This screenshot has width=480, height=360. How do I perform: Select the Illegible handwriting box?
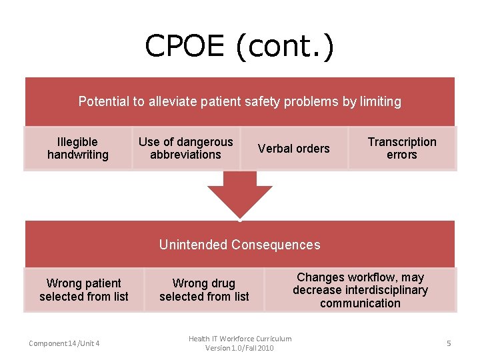pos(78,148)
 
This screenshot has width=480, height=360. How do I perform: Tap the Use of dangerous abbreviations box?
pos(185,148)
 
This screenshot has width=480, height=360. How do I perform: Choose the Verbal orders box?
pos(293,148)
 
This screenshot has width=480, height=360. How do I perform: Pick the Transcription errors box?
pos(402,148)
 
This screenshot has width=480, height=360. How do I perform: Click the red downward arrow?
pos(239,194)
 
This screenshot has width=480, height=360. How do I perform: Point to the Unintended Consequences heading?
pos(239,245)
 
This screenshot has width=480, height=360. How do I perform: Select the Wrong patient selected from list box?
pos(84,290)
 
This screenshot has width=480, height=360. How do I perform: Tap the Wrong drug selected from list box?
pos(204,290)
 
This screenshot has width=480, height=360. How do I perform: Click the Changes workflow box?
pos(360,290)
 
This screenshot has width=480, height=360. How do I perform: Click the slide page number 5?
pos(449,343)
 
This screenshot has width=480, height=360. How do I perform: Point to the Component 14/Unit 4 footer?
pos(64,343)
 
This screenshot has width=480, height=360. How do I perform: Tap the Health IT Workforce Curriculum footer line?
pos(239,339)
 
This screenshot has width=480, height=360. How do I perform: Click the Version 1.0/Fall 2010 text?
pos(239,348)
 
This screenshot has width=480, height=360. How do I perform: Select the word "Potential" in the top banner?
pos(104,101)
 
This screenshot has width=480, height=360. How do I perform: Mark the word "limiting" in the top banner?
pos(380,101)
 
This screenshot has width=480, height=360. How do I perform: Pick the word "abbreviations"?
pos(185,155)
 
